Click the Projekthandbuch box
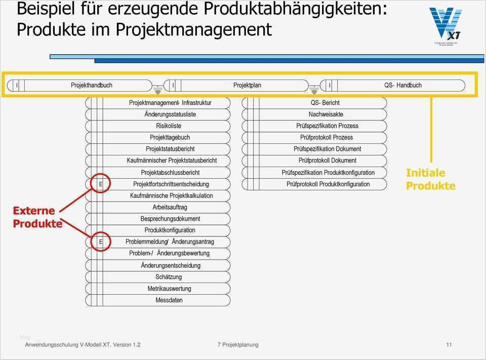click(91, 85)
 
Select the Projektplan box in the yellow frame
click(247, 85)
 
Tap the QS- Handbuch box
click(402, 85)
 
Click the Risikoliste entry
click(169, 126)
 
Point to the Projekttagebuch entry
click(170, 137)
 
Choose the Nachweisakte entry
click(326, 114)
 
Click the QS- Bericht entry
click(325, 103)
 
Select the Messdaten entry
click(169, 300)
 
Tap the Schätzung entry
click(169, 277)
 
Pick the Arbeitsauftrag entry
click(170, 207)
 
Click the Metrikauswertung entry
click(169, 289)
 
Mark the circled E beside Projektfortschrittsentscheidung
click(100, 184)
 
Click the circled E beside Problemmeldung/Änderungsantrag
click(100, 242)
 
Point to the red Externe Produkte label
click(37, 217)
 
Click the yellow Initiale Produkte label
click(430, 179)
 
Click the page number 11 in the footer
click(449, 345)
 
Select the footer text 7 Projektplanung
click(238, 345)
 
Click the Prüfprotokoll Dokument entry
click(327, 161)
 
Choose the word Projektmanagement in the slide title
click(193, 29)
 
